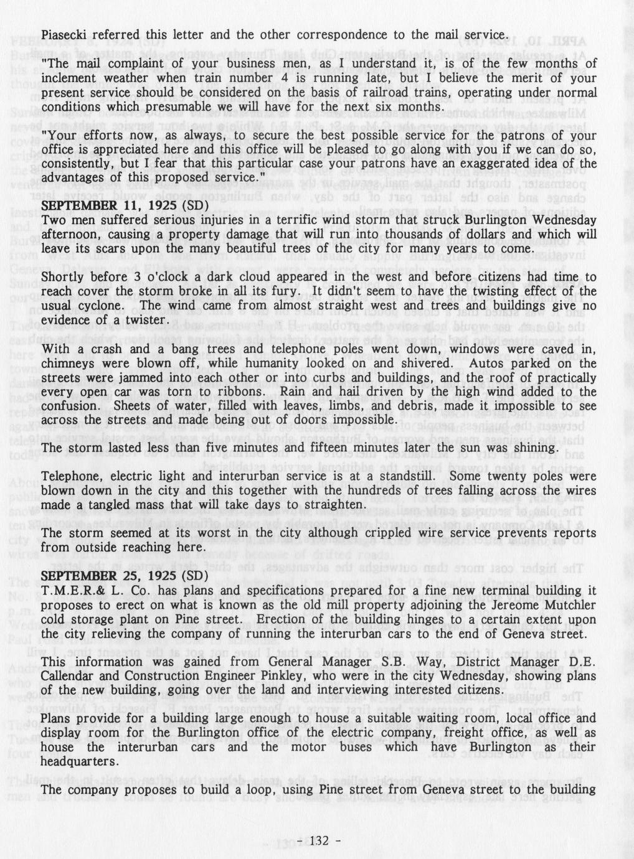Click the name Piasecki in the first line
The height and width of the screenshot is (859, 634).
(x=62, y=34)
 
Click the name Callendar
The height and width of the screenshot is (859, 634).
(x=70, y=677)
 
